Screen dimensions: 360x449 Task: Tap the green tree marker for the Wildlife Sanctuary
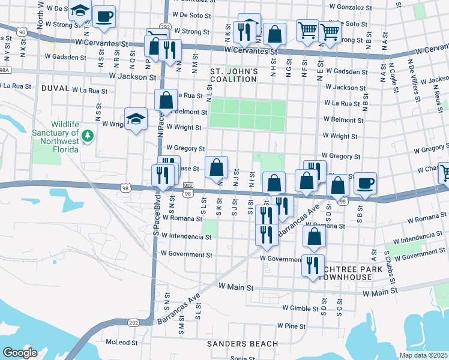(88, 136)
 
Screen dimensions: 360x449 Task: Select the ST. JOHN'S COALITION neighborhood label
(234, 75)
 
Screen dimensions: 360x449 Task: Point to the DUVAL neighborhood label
(55, 88)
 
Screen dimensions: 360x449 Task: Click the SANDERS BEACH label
(235, 344)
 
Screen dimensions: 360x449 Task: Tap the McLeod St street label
(121, 343)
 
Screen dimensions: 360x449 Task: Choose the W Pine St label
(291, 326)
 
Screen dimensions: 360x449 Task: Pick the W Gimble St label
(301, 308)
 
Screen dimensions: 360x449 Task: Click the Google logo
(20, 353)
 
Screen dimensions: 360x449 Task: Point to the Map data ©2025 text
(424, 355)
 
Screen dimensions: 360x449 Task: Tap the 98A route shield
(5, 70)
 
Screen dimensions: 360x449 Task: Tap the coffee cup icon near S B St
(365, 184)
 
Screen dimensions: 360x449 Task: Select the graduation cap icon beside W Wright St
(136, 118)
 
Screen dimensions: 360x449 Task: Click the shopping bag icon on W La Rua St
(166, 100)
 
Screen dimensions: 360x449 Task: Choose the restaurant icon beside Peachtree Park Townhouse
(312, 265)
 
